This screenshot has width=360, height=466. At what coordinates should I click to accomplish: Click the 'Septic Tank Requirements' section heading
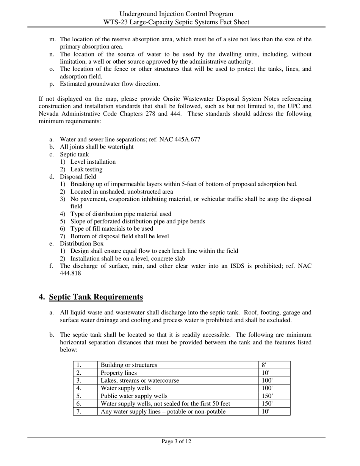point(96,297)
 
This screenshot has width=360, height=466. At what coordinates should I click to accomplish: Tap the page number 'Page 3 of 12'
point(176,441)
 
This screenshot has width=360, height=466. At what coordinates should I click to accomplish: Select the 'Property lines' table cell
point(119,373)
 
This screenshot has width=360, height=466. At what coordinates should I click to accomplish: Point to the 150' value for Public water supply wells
point(267,396)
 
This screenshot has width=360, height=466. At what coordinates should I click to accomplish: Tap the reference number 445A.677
point(187,139)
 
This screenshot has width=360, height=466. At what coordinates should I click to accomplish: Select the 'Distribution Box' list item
point(81,244)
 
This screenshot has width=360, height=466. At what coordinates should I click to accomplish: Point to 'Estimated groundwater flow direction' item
point(110,84)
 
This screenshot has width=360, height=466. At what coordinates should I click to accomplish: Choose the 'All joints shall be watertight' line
point(97,147)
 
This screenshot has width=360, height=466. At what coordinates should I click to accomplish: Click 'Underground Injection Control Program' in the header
point(176,14)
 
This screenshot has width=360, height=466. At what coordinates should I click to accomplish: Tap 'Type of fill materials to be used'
point(112,229)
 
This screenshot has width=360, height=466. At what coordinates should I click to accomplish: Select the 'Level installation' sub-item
point(93,162)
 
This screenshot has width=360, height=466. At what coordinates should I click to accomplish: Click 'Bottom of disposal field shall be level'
point(120,236)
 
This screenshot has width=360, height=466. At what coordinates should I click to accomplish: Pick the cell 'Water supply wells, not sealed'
point(165,403)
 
